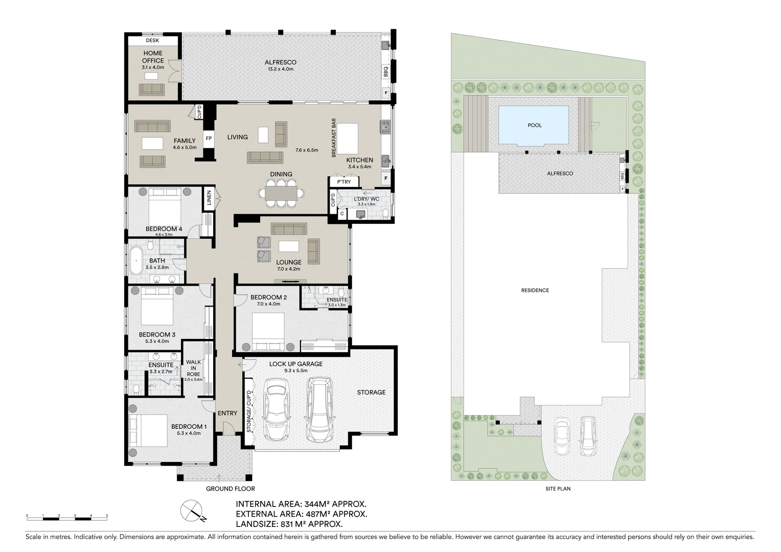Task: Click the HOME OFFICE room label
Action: [153, 57]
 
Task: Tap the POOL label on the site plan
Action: [535, 125]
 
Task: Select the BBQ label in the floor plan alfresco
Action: [385, 72]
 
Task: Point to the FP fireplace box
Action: [209, 139]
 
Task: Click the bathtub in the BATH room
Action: [135, 261]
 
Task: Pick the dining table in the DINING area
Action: [281, 193]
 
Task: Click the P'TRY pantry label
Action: [344, 181]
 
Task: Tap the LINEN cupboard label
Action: [209, 198]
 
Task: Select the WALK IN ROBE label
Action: [193, 368]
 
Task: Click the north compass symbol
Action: [192, 511]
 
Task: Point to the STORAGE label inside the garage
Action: [371, 393]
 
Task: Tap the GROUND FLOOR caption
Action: [230, 489]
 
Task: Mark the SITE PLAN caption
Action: [558, 489]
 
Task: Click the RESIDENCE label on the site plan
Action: [535, 290]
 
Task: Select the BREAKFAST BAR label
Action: [334, 137]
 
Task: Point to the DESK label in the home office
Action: [152, 40]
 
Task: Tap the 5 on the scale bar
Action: [107, 515]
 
